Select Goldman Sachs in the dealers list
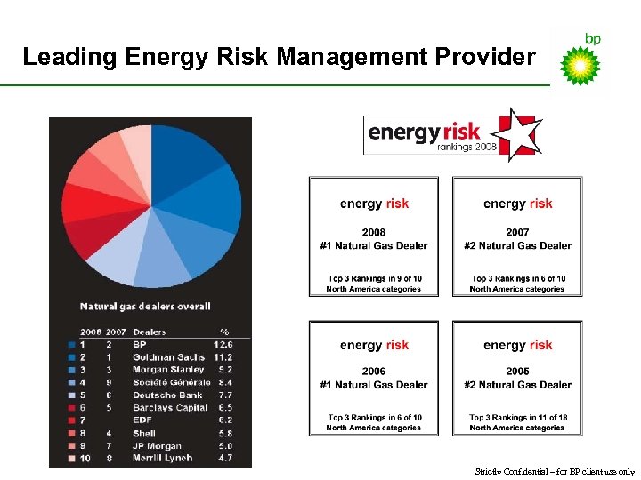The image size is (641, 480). click(168, 357)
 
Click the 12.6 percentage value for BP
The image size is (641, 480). click(223, 344)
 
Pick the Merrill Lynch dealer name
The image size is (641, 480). click(163, 459)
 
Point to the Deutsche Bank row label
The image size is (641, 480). click(167, 395)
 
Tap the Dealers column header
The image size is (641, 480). click(150, 332)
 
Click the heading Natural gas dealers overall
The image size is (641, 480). click(145, 307)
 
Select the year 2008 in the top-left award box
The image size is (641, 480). click(374, 233)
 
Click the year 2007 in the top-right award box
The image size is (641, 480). click(517, 233)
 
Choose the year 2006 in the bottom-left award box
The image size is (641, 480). click(374, 372)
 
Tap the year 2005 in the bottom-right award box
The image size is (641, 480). click(517, 372)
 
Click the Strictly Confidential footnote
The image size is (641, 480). click(555, 472)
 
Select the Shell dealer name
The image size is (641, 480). click(145, 433)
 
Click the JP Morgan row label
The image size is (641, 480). click(157, 446)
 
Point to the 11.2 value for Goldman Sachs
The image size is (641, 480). click(223, 357)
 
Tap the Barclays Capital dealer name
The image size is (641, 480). click(170, 408)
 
